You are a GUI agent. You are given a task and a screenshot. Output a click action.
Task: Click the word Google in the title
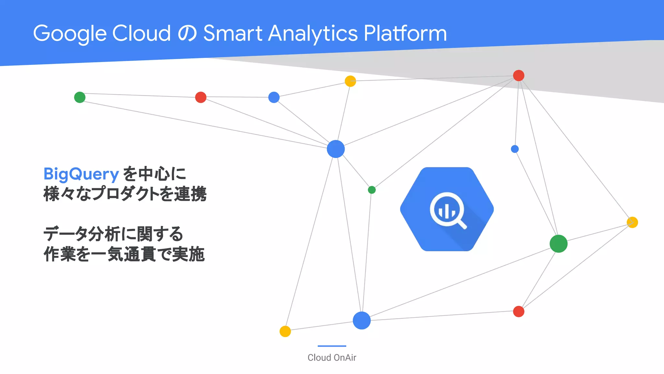tap(70, 33)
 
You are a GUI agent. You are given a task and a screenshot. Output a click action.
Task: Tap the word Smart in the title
tap(232, 33)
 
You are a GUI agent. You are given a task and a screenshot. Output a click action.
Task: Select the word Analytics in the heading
tap(313, 33)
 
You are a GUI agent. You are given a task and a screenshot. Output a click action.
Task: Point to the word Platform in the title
tap(405, 33)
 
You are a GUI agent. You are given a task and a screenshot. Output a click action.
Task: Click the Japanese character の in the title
tap(187, 34)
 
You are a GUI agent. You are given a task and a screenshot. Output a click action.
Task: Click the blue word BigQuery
tap(81, 174)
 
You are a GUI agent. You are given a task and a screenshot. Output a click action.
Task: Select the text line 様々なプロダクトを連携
tap(125, 194)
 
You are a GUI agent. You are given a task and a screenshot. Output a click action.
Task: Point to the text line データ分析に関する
tap(113, 234)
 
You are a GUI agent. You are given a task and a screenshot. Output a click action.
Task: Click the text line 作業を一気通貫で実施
tap(124, 254)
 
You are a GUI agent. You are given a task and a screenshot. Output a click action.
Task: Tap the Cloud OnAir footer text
tap(332, 357)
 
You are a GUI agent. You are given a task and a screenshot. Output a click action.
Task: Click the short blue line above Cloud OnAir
tap(332, 346)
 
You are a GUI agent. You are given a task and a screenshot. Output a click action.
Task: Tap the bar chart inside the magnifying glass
tap(447, 211)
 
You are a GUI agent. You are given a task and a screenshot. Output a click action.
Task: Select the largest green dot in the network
tap(558, 244)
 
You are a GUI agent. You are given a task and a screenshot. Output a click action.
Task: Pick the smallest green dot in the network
tap(372, 190)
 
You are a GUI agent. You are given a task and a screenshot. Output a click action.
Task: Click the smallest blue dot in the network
tap(515, 149)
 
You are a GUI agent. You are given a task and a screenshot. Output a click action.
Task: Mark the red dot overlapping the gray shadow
tap(518, 76)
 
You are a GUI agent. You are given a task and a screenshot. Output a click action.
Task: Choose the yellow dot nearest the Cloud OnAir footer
tap(285, 331)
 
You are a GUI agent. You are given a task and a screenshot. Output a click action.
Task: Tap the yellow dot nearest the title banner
tap(350, 81)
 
